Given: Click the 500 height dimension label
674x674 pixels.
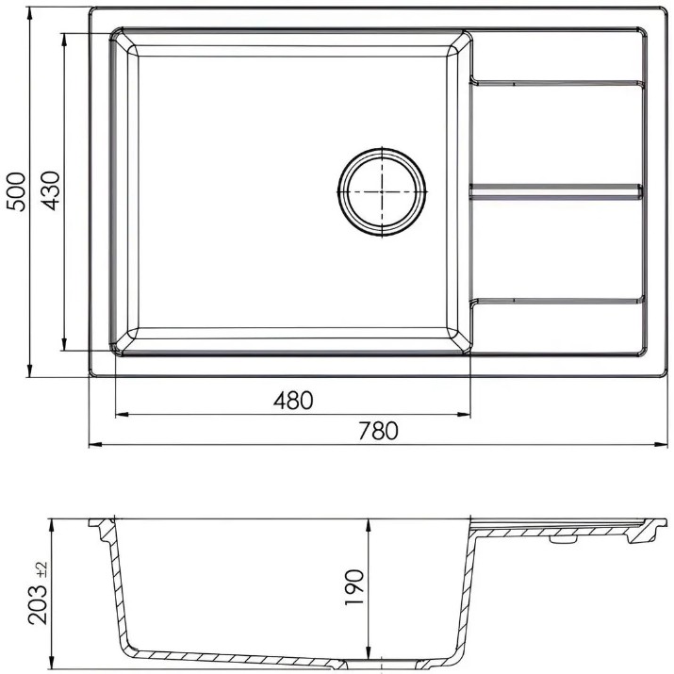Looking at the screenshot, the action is tap(16, 191).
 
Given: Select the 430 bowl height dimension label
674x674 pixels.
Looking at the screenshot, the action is tap(51, 190).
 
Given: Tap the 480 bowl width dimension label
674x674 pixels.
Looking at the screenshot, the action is tap(293, 401).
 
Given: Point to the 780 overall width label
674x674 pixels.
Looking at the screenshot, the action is tap(378, 431).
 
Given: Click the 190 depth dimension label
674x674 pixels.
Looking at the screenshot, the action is tap(354, 587).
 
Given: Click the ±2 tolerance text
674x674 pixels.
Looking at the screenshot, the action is tap(42, 569).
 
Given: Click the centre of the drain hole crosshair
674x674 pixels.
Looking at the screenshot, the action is tap(382, 191).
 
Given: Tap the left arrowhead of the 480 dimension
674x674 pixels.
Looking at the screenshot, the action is tap(123, 415).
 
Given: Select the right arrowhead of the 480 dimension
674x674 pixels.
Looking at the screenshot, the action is tap(464, 415).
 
